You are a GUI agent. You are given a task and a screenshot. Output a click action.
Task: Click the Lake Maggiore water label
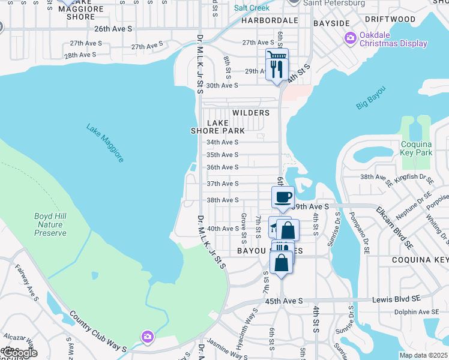pyautogui.click(x=105, y=143)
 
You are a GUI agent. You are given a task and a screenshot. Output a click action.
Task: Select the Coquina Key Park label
pyautogui.click(x=416, y=148)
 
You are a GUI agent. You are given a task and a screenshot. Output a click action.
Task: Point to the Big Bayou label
pyautogui.click(x=370, y=98)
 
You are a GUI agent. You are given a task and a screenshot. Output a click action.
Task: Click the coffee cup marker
pyautogui.click(x=283, y=197)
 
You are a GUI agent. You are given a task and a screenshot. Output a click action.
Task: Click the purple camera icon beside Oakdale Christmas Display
pyautogui.click(x=351, y=38)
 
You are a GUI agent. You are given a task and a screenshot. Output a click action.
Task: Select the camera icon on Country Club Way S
pyautogui.click(x=147, y=337)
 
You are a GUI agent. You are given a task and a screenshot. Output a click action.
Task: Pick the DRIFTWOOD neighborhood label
pyautogui.click(x=390, y=19)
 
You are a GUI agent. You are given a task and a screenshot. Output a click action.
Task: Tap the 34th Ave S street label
pyautogui.click(x=222, y=142)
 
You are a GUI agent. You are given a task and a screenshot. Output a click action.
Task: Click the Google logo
pyautogui.click(x=19, y=353)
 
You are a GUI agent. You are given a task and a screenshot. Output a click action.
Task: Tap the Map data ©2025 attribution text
pyautogui.click(x=423, y=355)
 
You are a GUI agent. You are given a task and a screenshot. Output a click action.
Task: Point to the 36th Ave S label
pyautogui.click(x=222, y=167)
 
